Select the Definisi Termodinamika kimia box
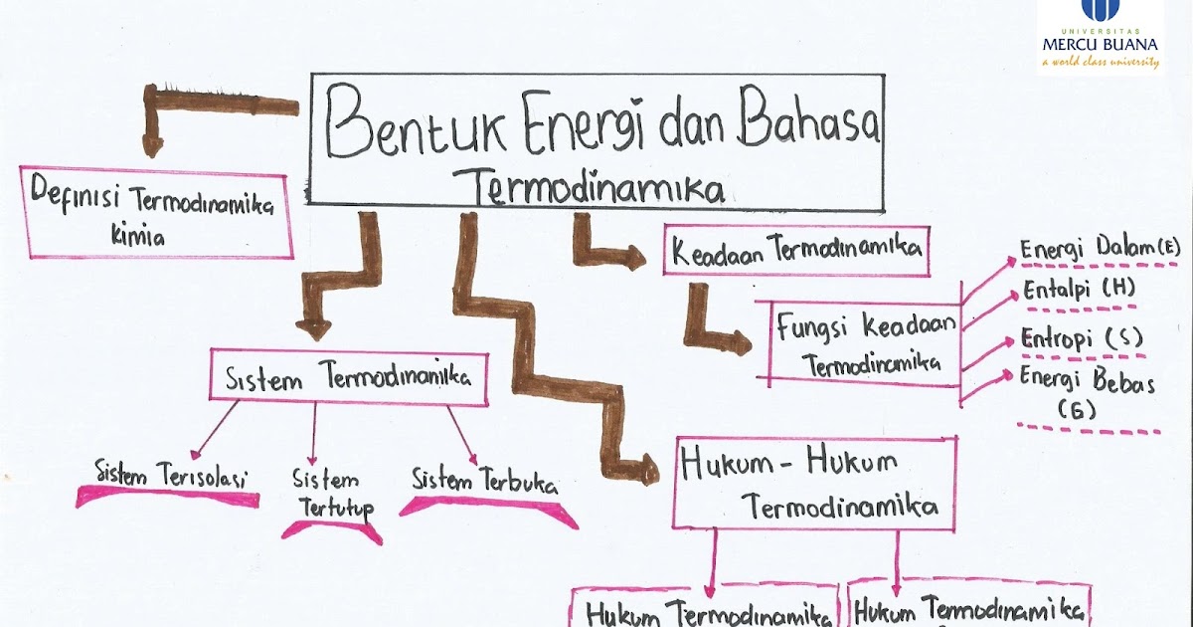(155, 211)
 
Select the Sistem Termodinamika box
(348, 378)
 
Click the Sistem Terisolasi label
(171, 474)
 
